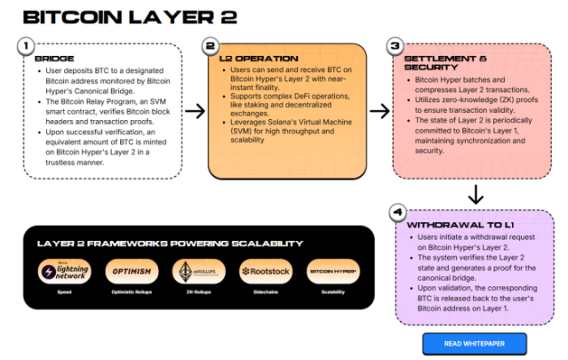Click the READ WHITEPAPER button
coord(474,343)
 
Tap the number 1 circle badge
coord(28,46)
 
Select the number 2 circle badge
coord(211,46)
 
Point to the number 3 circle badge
coord(396,46)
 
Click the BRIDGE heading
coord(53,59)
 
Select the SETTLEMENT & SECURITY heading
coord(436,63)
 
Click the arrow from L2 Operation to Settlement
coord(379,110)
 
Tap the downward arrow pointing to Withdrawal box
coord(476,194)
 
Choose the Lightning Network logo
coord(65,272)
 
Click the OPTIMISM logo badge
coord(131,272)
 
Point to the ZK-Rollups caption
coord(196,291)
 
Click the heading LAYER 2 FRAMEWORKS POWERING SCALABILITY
coord(169,244)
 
